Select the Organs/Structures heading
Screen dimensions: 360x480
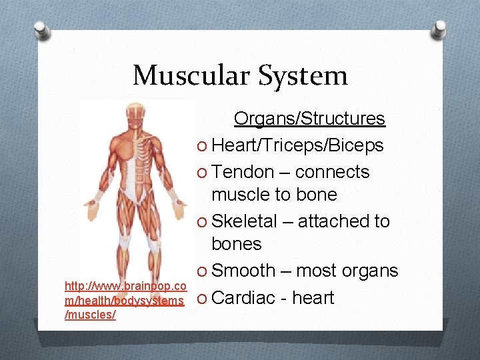tap(309, 119)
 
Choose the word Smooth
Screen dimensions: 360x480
tap(243, 271)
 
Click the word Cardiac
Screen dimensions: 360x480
tap(246, 297)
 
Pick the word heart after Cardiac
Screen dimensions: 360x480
tap(313, 297)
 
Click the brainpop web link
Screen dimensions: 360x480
tap(124, 300)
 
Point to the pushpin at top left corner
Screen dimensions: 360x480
tap(41, 31)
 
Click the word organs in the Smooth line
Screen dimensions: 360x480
tap(370, 271)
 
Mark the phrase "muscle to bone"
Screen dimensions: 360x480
tap(274, 195)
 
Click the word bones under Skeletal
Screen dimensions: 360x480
tap(237, 244)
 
